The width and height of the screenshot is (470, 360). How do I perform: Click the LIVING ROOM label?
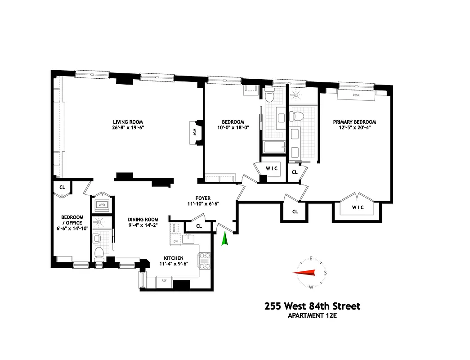(x=131, y=122)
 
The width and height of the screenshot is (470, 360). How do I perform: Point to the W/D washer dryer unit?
(x=100, y=205)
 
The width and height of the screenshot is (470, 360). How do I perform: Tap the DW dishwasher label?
(x=176, y=241)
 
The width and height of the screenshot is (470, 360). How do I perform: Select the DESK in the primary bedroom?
(x=356, y=95)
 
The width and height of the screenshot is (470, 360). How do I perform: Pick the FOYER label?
(x=203, y=198)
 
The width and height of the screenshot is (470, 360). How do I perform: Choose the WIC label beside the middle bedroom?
(x=272, y=168)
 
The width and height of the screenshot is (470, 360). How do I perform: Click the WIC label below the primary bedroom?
(x=358, y=207)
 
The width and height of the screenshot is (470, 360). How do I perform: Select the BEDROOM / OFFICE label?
(x=72, y=220)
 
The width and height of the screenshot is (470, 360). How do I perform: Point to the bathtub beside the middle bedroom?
(x=273, y=147)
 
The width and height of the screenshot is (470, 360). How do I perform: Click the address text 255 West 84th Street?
(x=312, y=306)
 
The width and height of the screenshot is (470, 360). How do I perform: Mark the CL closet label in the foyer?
(x=198, y=226)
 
